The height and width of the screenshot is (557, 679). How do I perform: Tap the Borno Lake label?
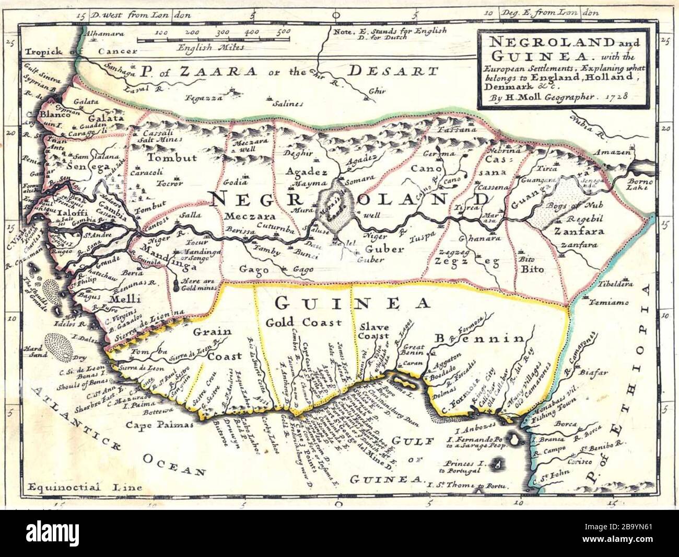pos(639,185)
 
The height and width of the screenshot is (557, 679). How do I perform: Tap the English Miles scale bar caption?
pos(210,48)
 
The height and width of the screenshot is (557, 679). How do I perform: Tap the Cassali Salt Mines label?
pos(152,137)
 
